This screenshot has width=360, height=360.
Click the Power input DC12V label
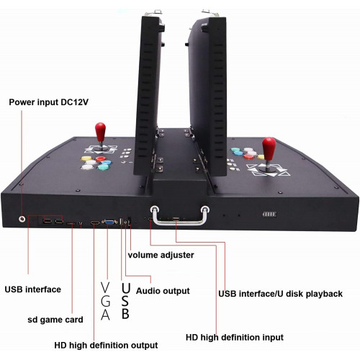[x=48, y=102]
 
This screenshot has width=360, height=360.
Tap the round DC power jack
[x=22, y=219]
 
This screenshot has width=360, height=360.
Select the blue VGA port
[x=109, y=222]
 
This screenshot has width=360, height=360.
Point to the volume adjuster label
[x=161, y=255]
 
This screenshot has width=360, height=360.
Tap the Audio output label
[x=163, y=291]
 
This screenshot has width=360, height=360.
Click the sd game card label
[x=55, y=320]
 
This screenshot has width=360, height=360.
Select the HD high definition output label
[x=106, y=345]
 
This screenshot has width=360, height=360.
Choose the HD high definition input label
[x=235, y=337]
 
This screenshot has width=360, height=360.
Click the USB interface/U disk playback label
[x=280, y=294]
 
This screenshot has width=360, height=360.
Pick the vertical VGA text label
[x=105, y=301]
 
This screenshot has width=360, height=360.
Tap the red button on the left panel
[x=101, y=159]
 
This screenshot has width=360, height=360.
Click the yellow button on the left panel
[x=86, y=158]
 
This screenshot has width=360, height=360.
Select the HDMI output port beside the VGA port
[x=95, y=223]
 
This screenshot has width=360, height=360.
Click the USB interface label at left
[x=32, y=289]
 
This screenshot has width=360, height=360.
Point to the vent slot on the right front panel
[x=269, y=214]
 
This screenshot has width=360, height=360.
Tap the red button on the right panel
[x=248, y=157]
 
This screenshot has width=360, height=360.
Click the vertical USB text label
[x=125, y=301]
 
